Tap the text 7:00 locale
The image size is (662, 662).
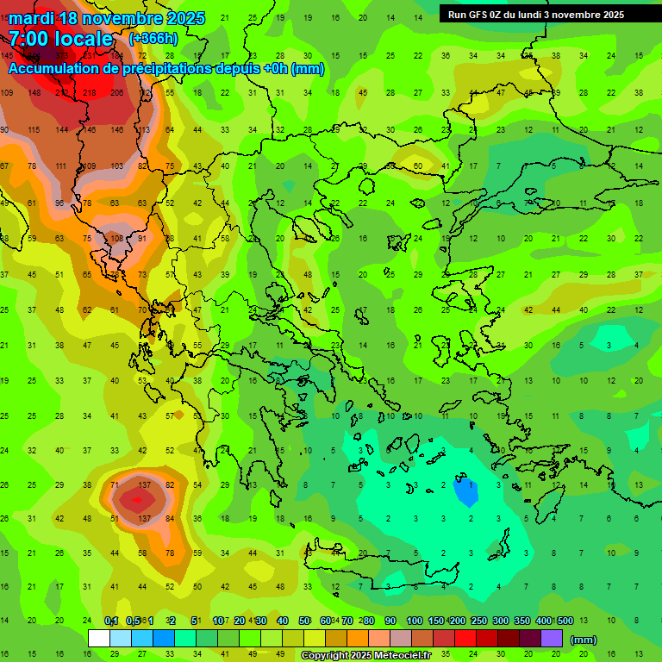[60, 39]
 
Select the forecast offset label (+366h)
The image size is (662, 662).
[153, 39]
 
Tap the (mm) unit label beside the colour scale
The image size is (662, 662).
[584, 640]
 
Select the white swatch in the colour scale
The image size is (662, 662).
[99, 639]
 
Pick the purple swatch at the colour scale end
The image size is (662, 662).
[552, 639]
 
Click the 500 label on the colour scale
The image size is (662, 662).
[565, 621]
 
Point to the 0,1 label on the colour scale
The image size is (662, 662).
[111, 621]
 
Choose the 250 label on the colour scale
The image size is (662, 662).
[478, 621]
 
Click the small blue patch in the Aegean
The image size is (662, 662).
[465, 491]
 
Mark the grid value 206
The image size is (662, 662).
[118, 92]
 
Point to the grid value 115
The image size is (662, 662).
[34, 129]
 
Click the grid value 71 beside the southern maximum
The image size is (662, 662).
[115, 485]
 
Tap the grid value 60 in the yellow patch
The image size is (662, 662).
[417, 165]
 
